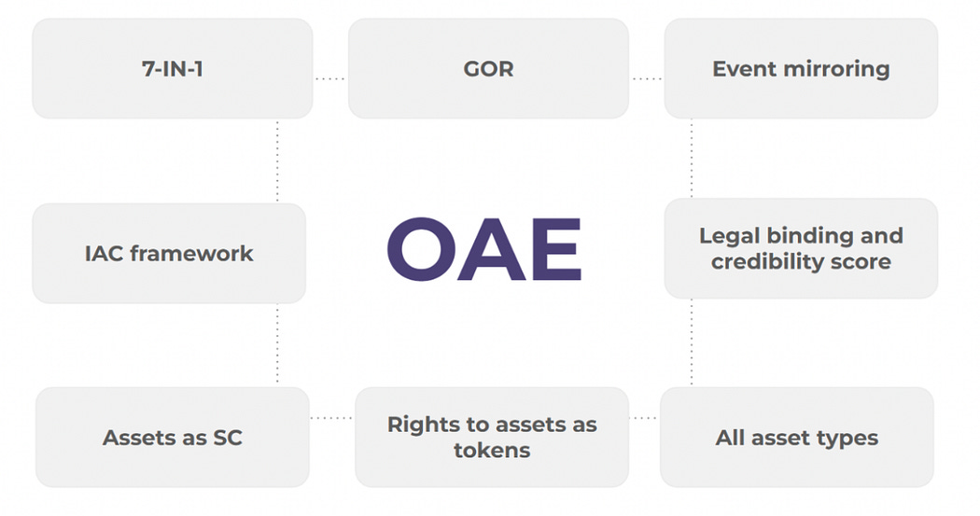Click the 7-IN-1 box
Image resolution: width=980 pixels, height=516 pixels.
click(x=173, y=69)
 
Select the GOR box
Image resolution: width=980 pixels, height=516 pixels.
click(x=488, y=69)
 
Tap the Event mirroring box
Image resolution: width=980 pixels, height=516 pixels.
click(x=801, y=69)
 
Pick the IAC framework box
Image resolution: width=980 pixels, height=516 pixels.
click(x=169, y=253)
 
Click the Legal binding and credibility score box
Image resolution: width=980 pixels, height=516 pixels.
click(x=801, y=248)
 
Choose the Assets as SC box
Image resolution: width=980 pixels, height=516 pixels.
click(x=173, y=437)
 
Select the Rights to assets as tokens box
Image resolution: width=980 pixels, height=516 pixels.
click(x=492, y=437)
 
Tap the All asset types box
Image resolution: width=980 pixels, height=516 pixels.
click(x=796, y=437)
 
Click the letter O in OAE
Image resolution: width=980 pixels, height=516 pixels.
click(x=420, y=251)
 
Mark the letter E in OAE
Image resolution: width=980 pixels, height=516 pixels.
click(x=553, y=251)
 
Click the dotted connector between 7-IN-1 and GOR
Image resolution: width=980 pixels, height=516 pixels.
click(x=330, y=79)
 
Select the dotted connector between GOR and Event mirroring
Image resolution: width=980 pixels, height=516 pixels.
click(x=646, y=79)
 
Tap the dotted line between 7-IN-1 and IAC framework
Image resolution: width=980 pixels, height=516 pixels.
click(x=277, y=160)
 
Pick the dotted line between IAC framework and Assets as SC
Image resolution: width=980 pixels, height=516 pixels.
click(x=277, y=344)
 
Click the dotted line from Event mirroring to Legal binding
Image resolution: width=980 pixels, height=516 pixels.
click(x=692, y=158)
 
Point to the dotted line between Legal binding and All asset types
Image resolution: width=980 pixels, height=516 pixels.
click(x=692, y=342)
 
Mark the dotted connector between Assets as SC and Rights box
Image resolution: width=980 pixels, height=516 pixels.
click(x=331, y=418)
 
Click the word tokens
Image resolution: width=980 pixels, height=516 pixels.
click(x=492, y=450)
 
